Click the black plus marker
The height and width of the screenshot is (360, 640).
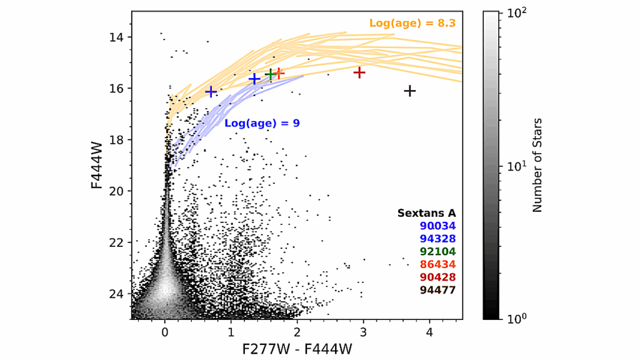pyautogui.click(x=410, y=91)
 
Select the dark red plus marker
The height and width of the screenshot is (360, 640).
pyautogui.click(x=359, y=72)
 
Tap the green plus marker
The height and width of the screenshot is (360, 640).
pyautogui.click(x=270, y=74)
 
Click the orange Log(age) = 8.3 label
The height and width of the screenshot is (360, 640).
pyautogui.click(x=412, y=23)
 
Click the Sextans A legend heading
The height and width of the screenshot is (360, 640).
pyautogui.click(x=426, y=213)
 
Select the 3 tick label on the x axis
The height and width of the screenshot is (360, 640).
pyautogui.click(x=363, y=331)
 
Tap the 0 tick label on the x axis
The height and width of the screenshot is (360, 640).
pyautogui.click(x=165, y=331)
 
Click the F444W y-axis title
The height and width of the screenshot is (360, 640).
pyautogui.click(x=97, y=165)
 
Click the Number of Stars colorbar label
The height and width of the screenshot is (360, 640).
pyautogui.click(x=537, y=165)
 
